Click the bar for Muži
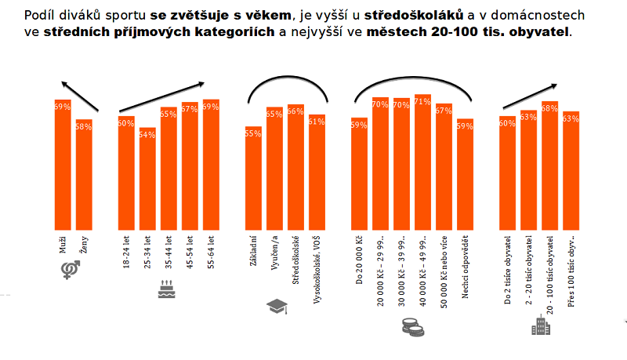(x=63, y=165)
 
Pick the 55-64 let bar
(x=211, y=165)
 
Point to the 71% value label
(x=422, y=101)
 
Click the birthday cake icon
(x=165, y=288)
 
